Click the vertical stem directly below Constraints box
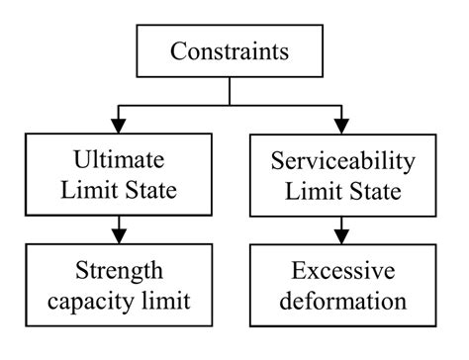(230, 90)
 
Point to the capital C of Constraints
(177, 49)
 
